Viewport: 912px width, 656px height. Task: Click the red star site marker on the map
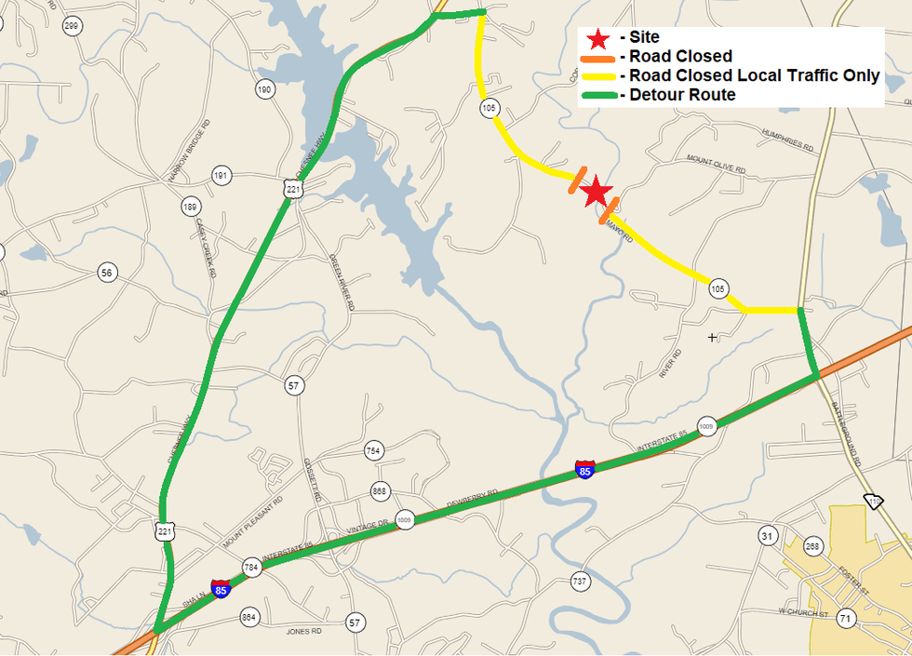click(x=596, y=193)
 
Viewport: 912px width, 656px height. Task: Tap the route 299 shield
click(x=72, y=26)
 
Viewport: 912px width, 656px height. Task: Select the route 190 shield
click(x=264, y=89)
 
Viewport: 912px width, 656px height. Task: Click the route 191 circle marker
click(x=221, y=175)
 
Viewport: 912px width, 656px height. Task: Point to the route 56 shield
click(x=108, y=273)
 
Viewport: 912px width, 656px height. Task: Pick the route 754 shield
click(x=373, y=451)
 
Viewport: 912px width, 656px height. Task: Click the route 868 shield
click(x=380, y=490)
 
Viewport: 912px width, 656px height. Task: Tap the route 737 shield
click(x=579, y=581)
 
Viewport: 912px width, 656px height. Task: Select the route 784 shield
click(x=251, y=567)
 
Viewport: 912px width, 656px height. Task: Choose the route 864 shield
click(x=248, y=616)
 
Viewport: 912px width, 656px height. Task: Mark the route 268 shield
click(x=813, y=546)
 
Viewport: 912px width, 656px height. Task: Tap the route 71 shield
click(x=845, y=619)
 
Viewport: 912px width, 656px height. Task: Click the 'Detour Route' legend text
click(x=682, y=95)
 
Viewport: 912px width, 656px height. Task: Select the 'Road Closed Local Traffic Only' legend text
click(x=754, y=75)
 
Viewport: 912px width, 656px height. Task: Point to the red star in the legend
click(x=597, y=38)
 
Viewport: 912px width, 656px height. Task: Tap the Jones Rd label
click(x=303, y=631)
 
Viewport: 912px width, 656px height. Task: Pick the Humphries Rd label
click(x=787, y=140)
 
